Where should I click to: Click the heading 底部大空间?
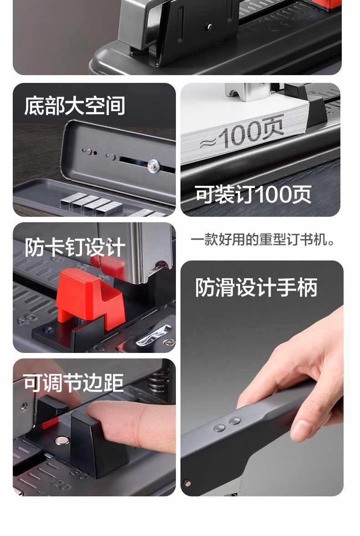[75, 106]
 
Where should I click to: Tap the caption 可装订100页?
[253, 194]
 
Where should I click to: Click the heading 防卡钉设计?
[75, 247]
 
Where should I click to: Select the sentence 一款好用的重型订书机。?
[262, 240]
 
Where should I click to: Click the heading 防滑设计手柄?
[256, 287]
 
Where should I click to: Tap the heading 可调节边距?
[73, 383]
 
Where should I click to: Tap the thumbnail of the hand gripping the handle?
[262, 378]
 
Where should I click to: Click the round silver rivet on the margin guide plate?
[62, 441]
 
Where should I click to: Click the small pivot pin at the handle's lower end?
[187, 483]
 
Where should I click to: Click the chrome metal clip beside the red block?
[154, 335]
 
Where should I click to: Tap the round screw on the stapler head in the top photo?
[209, 26]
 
